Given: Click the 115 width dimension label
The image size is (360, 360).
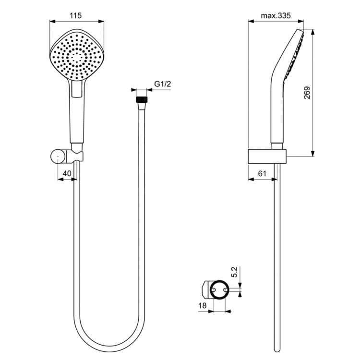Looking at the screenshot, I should coord(76,15).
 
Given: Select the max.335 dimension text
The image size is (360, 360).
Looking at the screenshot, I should coord(276,15).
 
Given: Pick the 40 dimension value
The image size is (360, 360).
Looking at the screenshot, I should coord(67,174).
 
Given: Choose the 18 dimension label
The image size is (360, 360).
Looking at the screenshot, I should coord(204,306).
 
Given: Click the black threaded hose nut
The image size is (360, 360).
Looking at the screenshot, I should coord(141,100).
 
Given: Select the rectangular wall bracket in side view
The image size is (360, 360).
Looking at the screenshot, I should coord(267,156).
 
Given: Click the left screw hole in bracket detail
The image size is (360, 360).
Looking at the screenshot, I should coord(214,290).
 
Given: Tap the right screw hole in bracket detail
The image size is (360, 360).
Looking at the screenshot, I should coord(226,290).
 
